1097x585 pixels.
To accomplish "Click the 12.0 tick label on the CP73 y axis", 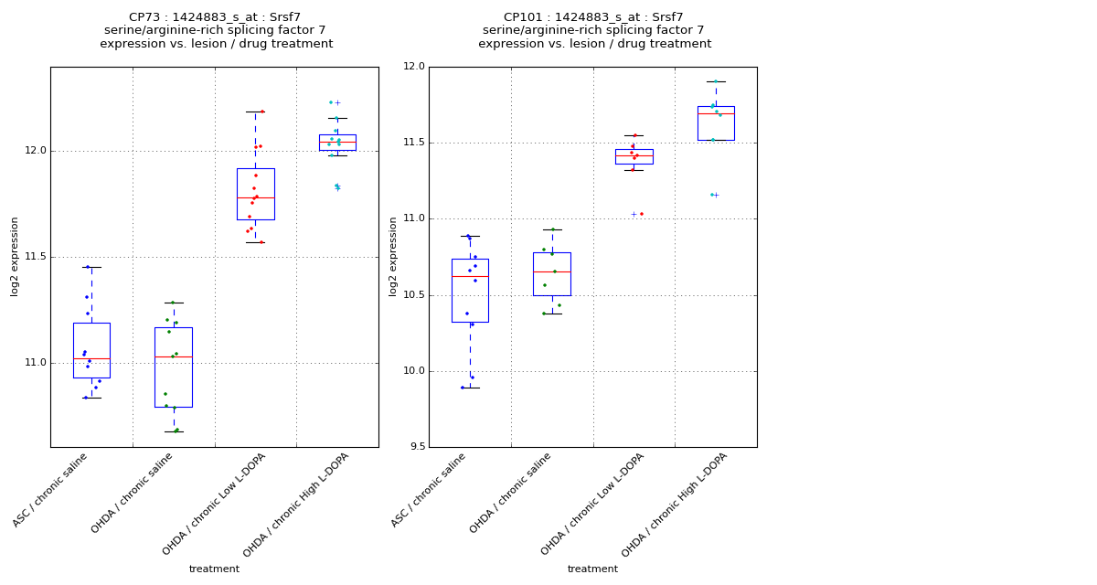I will coord(35,151).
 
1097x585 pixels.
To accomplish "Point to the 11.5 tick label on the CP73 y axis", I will coord(35,257).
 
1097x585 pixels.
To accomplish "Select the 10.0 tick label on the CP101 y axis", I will coord(413,371).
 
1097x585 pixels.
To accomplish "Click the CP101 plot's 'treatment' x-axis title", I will coord(592,569).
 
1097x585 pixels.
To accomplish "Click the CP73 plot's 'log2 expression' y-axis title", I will coord(16,257).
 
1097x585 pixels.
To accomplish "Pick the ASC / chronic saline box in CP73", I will coord(91,350).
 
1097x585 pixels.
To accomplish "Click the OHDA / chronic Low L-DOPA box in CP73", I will coord(255,194).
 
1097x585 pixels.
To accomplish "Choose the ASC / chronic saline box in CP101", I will coord(470,291).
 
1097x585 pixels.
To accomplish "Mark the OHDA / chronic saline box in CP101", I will coord(551,274).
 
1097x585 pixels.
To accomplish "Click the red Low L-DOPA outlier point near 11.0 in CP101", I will coord(641,214).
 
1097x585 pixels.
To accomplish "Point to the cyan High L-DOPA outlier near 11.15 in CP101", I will coord(712,195).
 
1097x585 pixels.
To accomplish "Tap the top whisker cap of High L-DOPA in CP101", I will coord(716,82).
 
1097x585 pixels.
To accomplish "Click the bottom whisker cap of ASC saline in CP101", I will coord(470,388).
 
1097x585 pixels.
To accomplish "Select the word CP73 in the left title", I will coord(144,17).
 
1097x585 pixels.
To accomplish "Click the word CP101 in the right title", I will coord(522,17).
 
